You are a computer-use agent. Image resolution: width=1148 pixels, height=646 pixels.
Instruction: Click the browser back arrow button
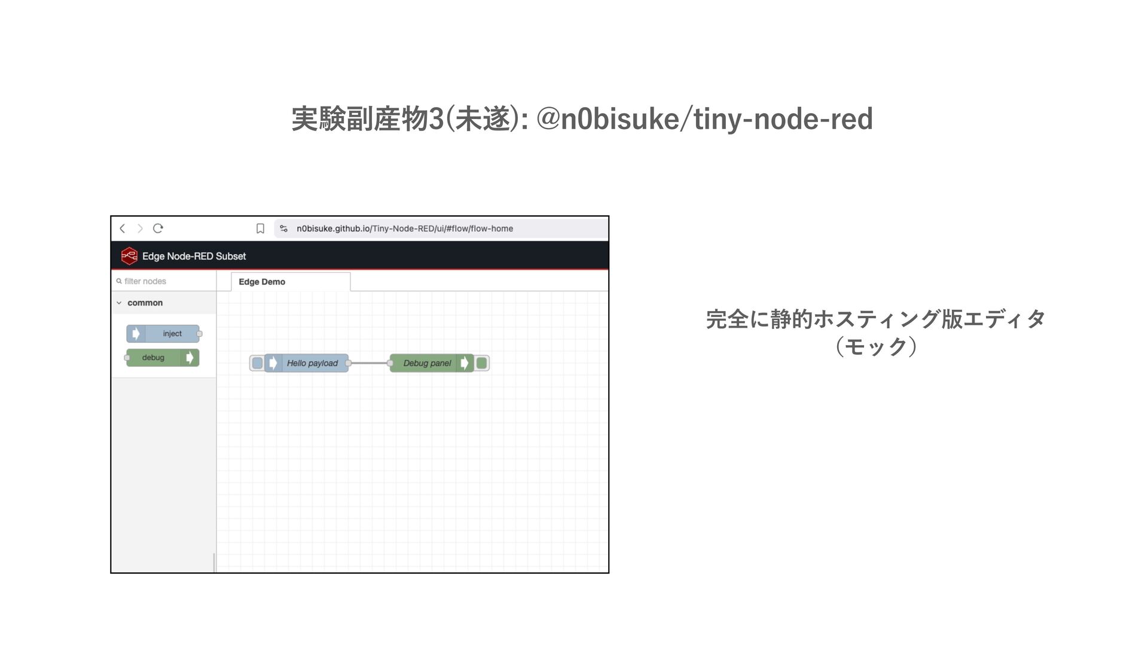[123, 228]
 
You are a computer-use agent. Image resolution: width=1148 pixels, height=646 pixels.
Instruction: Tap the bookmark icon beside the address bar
[260, 228]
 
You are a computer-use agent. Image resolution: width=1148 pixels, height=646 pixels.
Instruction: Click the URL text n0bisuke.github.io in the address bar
[333, 228]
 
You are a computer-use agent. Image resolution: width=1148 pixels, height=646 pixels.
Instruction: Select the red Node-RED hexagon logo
[129, 256]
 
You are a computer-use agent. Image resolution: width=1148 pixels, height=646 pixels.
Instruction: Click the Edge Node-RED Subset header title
[194, 256]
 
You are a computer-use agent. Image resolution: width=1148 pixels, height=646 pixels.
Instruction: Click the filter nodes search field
[164, 281]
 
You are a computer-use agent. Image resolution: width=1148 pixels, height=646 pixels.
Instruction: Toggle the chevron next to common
[119, 303]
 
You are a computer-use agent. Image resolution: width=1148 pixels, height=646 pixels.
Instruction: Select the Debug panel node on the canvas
[427, 363]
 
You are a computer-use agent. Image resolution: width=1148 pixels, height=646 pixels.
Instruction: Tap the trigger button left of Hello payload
[257, 363]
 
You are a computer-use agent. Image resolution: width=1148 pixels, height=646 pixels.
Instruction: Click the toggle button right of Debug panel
[482, 363]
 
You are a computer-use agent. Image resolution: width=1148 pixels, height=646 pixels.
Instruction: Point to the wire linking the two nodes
[370, 363]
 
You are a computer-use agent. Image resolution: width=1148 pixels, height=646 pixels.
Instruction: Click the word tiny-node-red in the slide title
[783, 119]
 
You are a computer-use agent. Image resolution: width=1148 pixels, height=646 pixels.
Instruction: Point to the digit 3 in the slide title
[437, 119]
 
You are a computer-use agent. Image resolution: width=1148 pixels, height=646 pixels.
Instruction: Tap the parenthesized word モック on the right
[876, 346]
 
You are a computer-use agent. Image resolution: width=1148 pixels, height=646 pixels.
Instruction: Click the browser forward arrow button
[140, 228]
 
